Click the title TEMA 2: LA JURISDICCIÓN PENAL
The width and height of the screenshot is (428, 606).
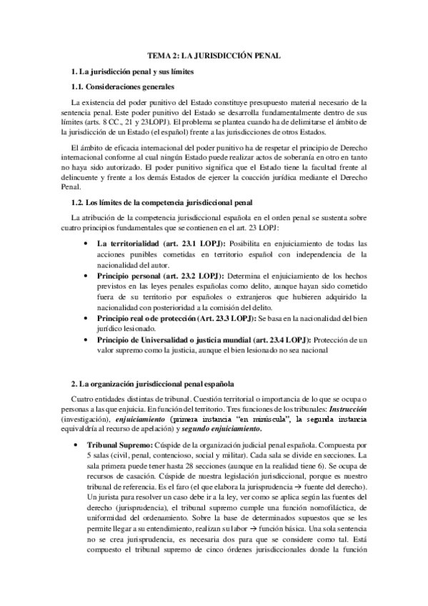(214, 54)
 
